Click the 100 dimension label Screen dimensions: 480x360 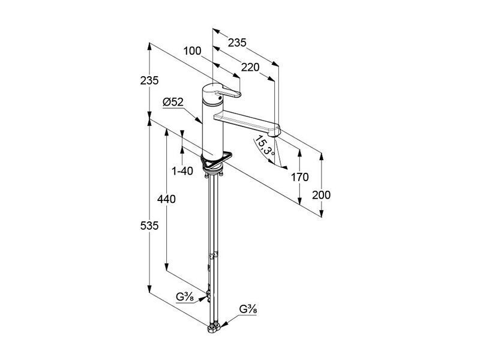tap(192, 51)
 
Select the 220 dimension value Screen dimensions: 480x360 tap(250, 67)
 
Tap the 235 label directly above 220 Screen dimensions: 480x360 tap(237, 43)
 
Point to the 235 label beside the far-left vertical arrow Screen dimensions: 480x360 tap(149, 80)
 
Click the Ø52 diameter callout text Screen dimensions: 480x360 tap(173, 102)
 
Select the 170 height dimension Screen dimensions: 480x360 tap(299, 177)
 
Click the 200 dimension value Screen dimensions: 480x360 tap(322, 195)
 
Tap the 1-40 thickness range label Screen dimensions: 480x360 tap(182, 171)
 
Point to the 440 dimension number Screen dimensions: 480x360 tap(166, 199)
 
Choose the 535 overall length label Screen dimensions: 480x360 tap(149, 226)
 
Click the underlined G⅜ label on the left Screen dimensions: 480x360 tap(185, 297)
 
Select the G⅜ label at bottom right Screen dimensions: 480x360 tap(248, 310)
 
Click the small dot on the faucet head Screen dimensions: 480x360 tap(218, 98)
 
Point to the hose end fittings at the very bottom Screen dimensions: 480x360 tap(214, 329)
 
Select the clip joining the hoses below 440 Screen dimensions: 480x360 tap(214, 254)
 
